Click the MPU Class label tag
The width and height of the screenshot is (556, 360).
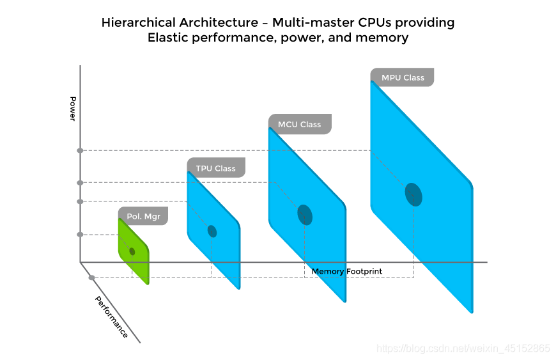tap(403, 77)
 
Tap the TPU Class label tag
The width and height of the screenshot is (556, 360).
tap(215, 168)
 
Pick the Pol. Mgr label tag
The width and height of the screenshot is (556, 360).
tap(143, 216)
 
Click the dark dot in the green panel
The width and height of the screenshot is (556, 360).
tap(132, 251)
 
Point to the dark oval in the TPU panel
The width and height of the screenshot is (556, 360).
tap(212, 231)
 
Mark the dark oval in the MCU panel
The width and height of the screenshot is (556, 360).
tap(305, 215)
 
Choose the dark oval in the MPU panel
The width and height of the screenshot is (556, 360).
tap(414, 194)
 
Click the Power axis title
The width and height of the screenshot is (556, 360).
tap(73, 109)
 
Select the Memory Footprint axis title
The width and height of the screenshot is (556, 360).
tap(346, 271)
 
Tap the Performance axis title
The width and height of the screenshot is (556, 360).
tap(112, 317)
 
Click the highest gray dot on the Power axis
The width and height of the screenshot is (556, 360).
tap(80, 150)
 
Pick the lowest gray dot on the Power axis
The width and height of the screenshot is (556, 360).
tap(80, 234)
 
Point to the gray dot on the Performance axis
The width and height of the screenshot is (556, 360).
tap(92, 278)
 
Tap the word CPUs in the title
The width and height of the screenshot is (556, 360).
tap(365, 22)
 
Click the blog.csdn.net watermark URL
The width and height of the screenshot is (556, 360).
tap(463, 348)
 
